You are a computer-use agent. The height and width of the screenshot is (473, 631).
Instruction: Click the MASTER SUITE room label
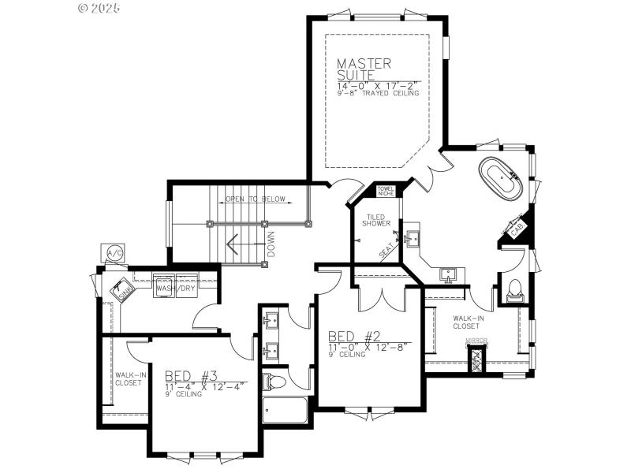pos(364,69)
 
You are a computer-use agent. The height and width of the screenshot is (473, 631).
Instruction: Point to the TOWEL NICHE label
pos(386,192)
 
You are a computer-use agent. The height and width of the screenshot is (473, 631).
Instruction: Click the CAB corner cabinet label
pos(517,229)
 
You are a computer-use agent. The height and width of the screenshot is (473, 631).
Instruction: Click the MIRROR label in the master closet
pos(476,341)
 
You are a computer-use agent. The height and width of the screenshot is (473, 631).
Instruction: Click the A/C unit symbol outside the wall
pos(114,253)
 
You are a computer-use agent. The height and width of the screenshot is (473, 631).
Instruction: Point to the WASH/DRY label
pos(175,288)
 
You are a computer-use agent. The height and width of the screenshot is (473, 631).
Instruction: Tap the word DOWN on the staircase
pos(271,244)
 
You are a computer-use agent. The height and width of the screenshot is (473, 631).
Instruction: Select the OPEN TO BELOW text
pos(255,199)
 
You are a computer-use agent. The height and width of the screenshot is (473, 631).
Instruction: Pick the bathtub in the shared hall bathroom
pos(284,411)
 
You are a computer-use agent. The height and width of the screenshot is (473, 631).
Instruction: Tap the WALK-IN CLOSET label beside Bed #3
pos(129,379)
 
